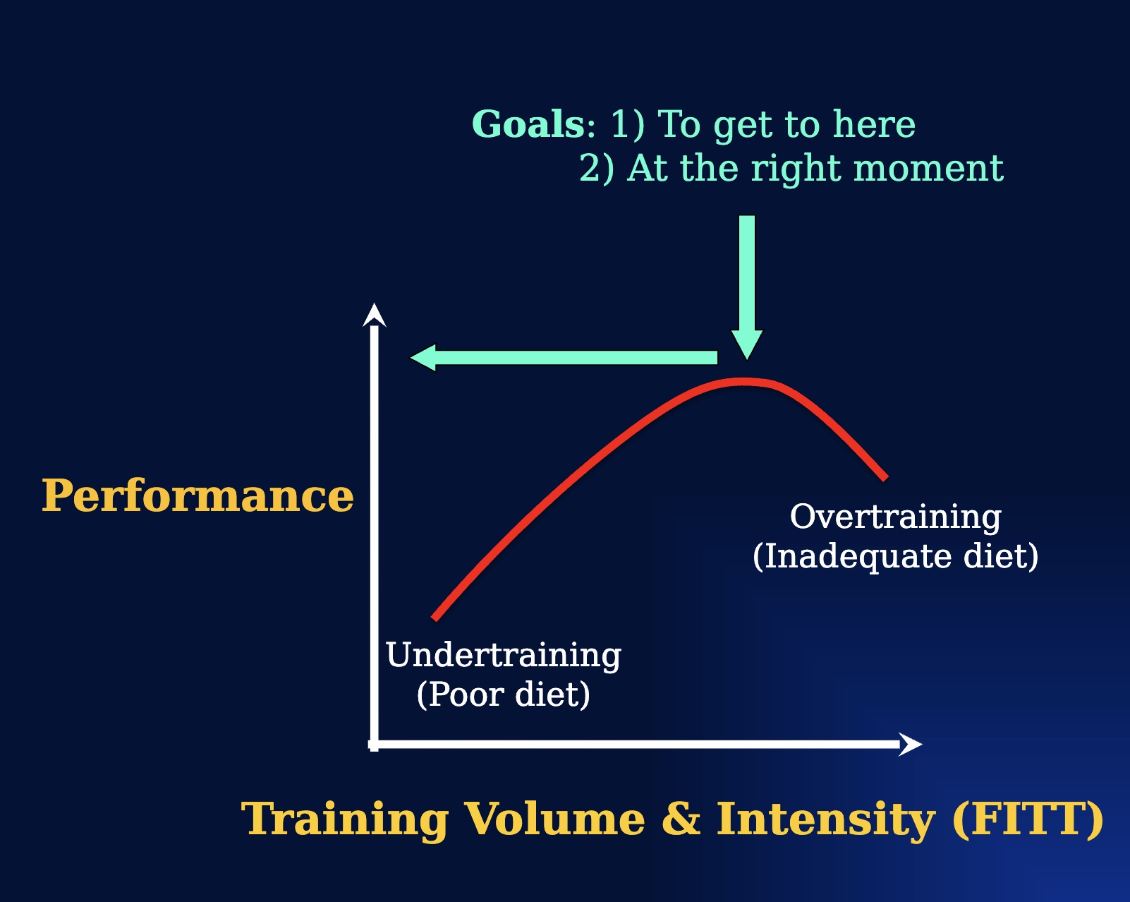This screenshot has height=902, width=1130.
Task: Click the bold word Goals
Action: [x=527, y=124]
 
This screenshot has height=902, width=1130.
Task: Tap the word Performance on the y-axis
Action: [x=198, y=495]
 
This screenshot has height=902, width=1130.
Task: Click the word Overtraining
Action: [x=895, y=517]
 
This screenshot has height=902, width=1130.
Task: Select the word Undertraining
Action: [x=503, y=655]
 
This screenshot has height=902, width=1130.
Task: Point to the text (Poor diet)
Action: [x=503, y=694]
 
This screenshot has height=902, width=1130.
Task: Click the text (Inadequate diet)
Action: [x=895, y=556]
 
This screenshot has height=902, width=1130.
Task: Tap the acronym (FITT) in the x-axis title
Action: [x=1028, y=819]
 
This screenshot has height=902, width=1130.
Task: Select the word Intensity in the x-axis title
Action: [x=825, y=819]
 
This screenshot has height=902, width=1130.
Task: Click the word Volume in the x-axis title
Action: [x=554, y=819]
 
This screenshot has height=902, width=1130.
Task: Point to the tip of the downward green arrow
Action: [x=746, y=356]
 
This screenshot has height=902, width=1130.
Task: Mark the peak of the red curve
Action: [x=743, y=382]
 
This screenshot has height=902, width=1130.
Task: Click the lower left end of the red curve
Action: [x=435, y=618]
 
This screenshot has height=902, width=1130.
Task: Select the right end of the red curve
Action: [x=885, y=478]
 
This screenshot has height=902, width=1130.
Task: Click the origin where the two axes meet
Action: [x=374, y=744]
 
